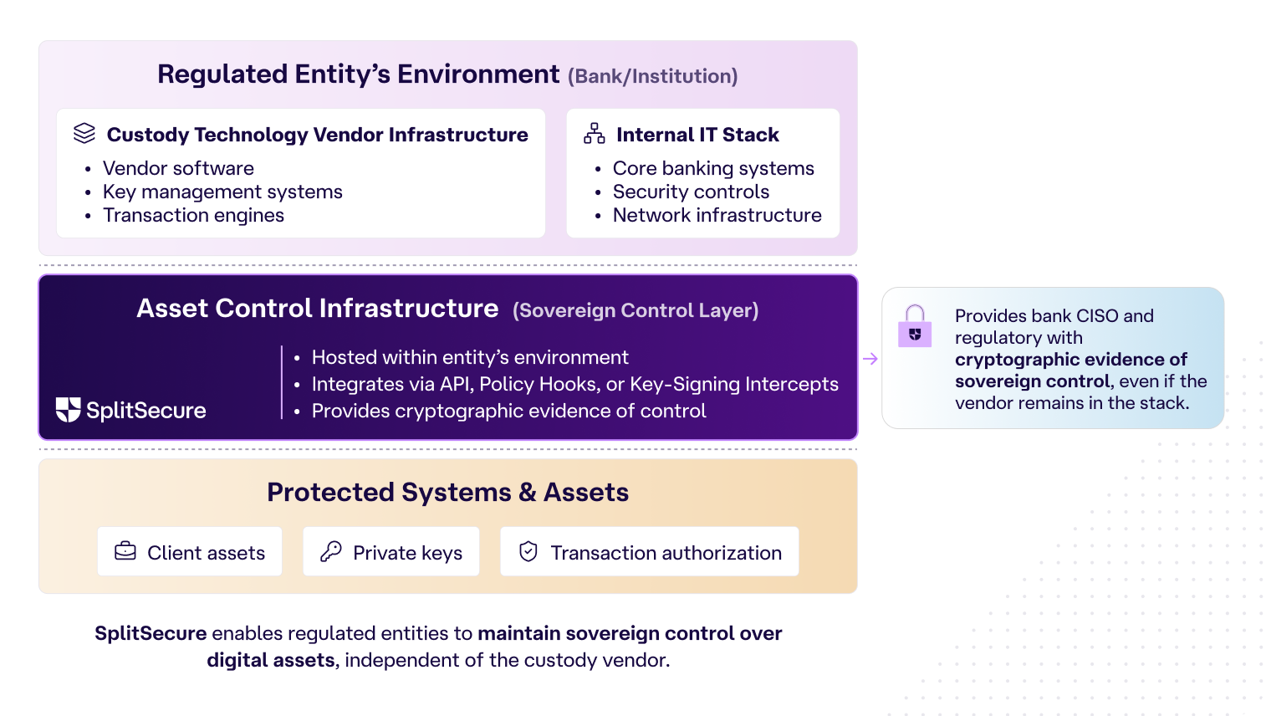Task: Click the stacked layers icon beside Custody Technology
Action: point(84,134)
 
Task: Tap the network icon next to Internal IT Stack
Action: point(594,134)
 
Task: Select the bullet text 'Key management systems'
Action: point(222,192)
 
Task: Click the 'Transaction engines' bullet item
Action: point(193,215)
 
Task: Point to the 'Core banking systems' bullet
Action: point(712,168)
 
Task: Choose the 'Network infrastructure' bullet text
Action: point(717,215)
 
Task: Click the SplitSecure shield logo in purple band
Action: point(68,410)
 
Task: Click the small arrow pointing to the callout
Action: point(870,359)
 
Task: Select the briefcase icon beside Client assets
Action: point(125,551)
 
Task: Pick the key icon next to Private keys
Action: point(331,551)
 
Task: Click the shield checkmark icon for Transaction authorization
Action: point(528,551)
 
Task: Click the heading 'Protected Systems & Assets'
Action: point(447,492)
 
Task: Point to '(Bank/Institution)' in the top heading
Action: point(652,76)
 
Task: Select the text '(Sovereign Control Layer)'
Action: point(636,310)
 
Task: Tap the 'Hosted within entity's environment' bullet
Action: point(470,357)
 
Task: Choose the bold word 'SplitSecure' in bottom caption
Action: point(151,633)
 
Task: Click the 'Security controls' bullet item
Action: point(691,192)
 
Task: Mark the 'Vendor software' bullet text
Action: point(178,168)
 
